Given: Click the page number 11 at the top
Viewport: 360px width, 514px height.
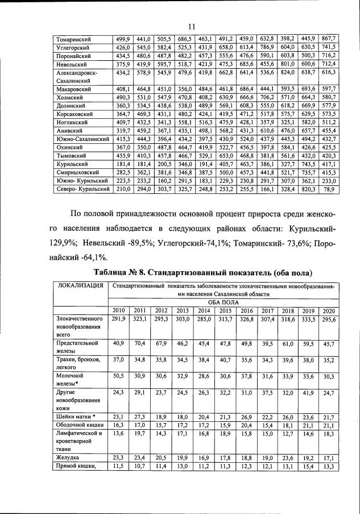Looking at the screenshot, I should (192, 25).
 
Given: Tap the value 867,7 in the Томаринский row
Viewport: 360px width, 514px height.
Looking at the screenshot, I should (328, 39).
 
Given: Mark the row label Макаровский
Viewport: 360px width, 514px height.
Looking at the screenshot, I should (75, 89).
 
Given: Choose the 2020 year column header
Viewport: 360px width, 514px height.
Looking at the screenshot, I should (328, 310).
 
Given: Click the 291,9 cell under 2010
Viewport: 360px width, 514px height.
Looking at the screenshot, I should (119, 320).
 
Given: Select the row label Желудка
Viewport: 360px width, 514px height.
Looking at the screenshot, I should (68, 458).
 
